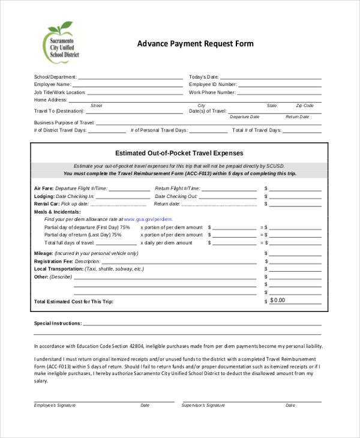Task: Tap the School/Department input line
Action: [130, 78]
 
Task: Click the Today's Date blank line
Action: [270, 78]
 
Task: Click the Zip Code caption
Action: [304, 106]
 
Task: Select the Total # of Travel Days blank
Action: [302, 131]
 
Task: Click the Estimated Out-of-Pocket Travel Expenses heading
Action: [179, 153]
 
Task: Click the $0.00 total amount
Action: [278, 300]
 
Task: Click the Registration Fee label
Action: [53, 262]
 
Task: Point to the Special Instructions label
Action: [58, 323]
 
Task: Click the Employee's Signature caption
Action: [55, 405]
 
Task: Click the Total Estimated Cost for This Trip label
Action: [73, 301]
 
